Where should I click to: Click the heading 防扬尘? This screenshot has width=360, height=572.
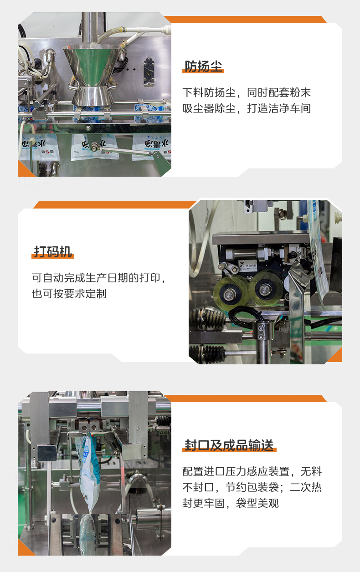pos(203,66)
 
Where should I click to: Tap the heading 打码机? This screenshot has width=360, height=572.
pos(53,251)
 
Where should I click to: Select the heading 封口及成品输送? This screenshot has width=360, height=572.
pos(229,445)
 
